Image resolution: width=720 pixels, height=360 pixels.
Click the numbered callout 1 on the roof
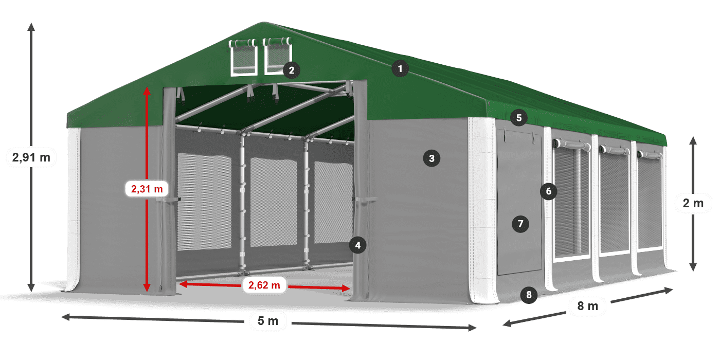(x=400, y=68)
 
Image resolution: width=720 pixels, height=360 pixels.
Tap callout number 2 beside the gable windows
(x=292, y=70)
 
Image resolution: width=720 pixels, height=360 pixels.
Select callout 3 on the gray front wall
(x=431, y=158)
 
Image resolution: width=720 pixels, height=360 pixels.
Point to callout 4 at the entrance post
(x=358, y=245)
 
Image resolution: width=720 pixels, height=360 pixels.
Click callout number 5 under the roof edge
(x=519, y=118)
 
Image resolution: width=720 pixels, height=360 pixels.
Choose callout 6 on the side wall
(x=549, y=192)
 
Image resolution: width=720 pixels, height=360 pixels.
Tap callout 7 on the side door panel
(x=520, y=224)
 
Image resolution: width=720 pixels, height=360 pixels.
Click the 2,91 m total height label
(x=31, y=157)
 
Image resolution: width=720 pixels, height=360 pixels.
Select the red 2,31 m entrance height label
(x=147, y=189)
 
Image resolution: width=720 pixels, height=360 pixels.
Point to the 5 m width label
(x=267, y=321)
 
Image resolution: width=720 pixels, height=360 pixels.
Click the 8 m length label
(x=588, y=307)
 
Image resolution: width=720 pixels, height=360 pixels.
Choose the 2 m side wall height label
(x=693, y=204)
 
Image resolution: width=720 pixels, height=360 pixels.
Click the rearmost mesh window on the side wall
(x=650, y=201)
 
